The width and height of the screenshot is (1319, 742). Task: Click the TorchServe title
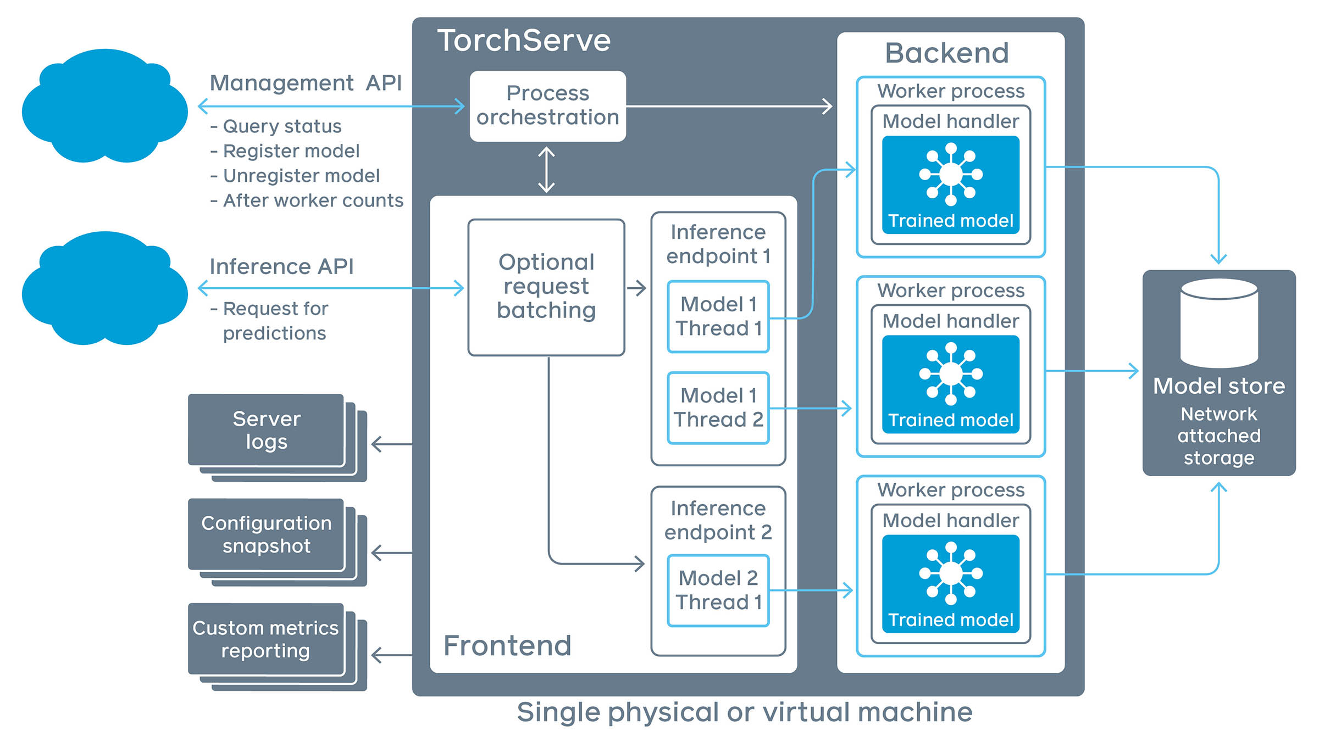click(x=523, y=41)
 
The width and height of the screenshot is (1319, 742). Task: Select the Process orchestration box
click(x=547, y=105)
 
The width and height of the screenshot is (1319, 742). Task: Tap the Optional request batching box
click(x=546, y=287)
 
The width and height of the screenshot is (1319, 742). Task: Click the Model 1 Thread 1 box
click(x=718, y=316)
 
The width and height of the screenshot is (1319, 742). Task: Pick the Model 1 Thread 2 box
click(x=718, y=408)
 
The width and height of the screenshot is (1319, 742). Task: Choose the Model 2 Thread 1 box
click(x=718, y=590)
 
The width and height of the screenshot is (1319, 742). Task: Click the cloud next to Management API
click(x=104, y=107)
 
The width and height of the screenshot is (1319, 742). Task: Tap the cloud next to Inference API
click(x=104, y=289)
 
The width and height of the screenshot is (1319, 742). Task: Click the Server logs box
click(x=267, y=430)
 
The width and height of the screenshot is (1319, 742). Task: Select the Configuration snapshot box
click(x=267, y=534)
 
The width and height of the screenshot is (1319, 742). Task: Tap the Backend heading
click(x=946, y=53)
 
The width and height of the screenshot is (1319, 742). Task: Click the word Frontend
click(x=507, y=645)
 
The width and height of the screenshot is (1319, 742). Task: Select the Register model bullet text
click(x=291, y=151)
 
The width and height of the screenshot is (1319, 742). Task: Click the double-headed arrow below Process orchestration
click(x=546, y=169)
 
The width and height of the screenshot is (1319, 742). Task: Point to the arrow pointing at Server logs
click(x=391, y=444)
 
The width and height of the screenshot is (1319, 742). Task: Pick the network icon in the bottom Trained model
click(x=951, y=573)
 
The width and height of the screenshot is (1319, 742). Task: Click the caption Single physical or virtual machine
click(x=744, y=712)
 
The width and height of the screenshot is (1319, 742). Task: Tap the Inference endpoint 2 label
click(x=718, y=520)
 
